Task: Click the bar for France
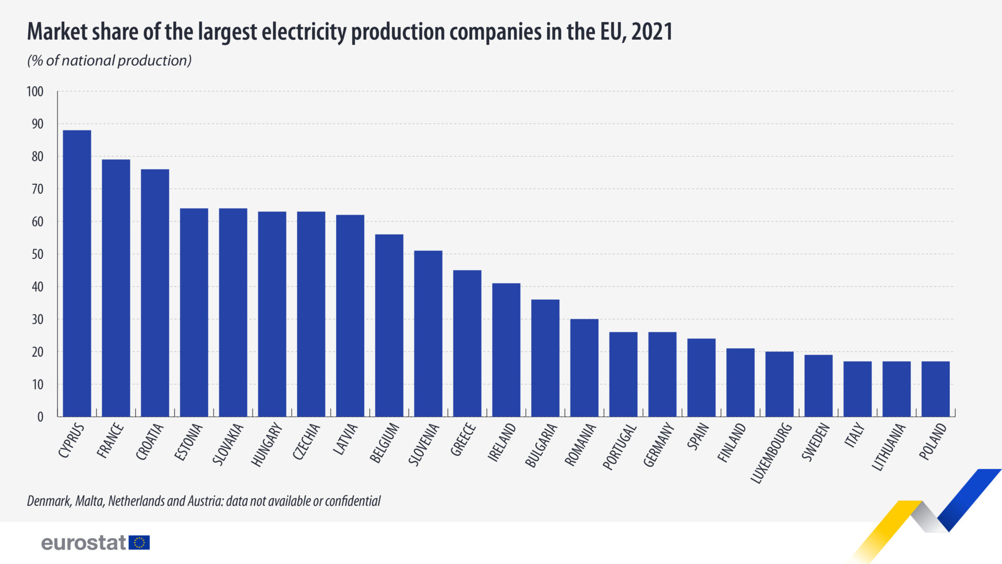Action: click(116, 288)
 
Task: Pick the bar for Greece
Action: click(467, 343)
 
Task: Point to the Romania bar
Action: click(584, 368)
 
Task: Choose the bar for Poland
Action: click(935, 389)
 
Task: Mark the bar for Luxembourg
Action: click(779, 384)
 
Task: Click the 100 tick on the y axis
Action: click(35, 92)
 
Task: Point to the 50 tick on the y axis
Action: click(37, 254)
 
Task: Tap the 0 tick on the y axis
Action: click(40, 417)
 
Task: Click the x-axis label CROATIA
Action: click(150, 442)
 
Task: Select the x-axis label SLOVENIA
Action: click(424, 444)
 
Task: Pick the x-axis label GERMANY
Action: click(659, 445)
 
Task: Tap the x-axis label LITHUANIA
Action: click(889, 447)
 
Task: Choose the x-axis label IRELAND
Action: click(502, 442)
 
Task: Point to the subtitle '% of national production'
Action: click(110, 61)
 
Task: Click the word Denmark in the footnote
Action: click(49, 501)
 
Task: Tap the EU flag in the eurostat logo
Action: click(139, 543)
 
